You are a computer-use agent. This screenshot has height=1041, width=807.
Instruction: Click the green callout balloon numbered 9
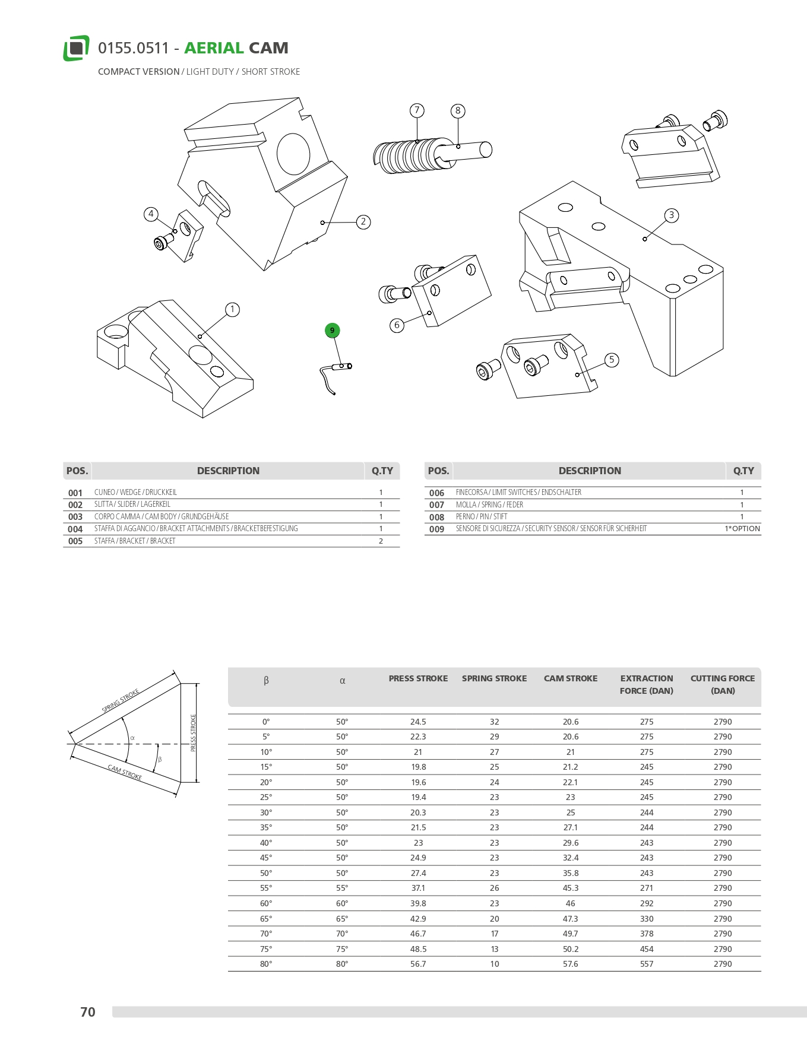[x=332, y=331]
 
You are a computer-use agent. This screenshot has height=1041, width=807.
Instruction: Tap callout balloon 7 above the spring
[x=417, y=110]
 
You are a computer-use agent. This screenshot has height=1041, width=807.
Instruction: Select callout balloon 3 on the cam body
[x=671, y=215]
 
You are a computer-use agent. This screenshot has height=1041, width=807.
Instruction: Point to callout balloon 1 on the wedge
[x=232, y=310]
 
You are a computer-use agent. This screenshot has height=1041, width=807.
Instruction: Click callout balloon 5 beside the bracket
[x=612, y=360]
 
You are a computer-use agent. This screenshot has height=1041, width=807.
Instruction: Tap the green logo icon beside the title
[x=76, y=48]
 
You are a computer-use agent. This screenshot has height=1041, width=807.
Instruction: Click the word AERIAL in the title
[x=214, y=48]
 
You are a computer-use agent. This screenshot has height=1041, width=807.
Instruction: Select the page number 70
[x=88, y=1012]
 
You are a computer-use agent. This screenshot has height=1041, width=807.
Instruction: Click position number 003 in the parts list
[x=75, y=517]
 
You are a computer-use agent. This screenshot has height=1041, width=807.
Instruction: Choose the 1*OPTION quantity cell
[x=742, y=529]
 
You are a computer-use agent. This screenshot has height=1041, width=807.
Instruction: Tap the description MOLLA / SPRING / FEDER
[x=489, y=505]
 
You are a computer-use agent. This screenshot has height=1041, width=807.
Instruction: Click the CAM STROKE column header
[x=570, y=678]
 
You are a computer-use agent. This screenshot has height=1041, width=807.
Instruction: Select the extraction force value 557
[x=647, y=964]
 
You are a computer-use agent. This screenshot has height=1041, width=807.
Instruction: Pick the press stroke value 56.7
[x=418, y=964]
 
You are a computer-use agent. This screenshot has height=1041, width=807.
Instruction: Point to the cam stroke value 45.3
[x=570, y=888]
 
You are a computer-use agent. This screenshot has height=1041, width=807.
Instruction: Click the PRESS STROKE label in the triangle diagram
[x=193, y=733]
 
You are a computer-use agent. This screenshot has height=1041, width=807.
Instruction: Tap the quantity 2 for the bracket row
[x=381, y=541]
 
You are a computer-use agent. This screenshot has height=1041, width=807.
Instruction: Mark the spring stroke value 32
[x=494, y=722]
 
